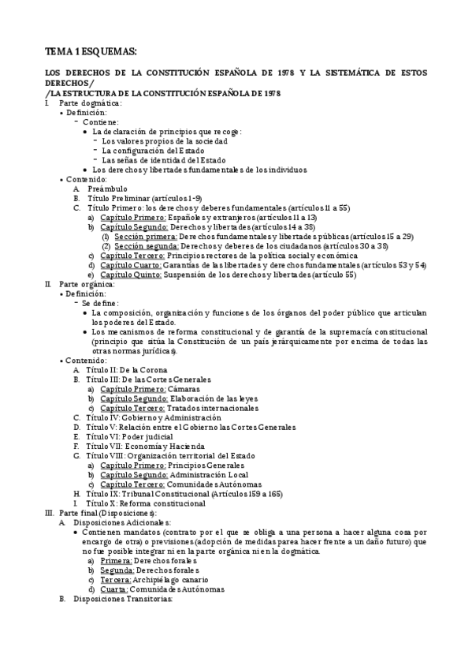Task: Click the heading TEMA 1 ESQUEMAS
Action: (91, 51)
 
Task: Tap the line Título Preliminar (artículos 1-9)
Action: (143, 199)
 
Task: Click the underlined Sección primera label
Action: (145, 237)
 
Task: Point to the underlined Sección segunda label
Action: (146, 246)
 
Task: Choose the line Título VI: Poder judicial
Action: (129, 436)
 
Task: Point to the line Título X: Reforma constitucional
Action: (145, 503)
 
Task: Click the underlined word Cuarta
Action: (116, 589)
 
